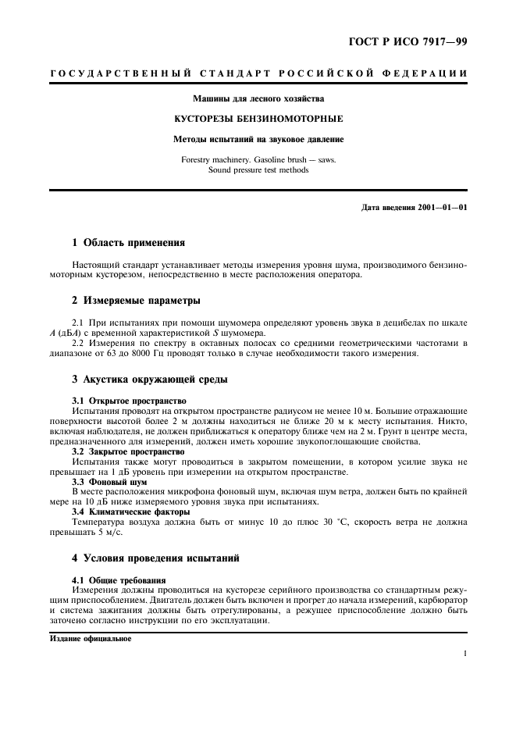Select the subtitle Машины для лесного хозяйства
point(258,99)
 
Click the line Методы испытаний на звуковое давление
point(258,140)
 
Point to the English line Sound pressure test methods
point(258,169)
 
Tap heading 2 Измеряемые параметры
point(137,301)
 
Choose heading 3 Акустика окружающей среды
point(150,379)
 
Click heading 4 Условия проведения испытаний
point(155,558)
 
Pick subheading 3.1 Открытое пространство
point(128,401)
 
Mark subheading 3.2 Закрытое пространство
point(128,451)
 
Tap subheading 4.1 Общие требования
point(119,580)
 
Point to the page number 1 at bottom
point(464,654)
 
